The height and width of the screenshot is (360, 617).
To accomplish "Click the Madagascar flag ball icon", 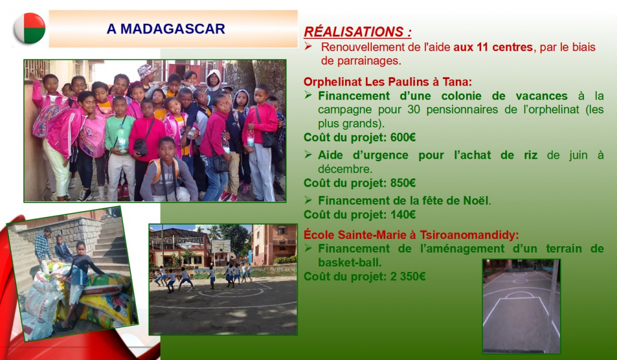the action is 29,28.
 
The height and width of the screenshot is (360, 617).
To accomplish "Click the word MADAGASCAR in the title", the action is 173,29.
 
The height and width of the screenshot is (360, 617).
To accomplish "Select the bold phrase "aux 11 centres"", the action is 494,47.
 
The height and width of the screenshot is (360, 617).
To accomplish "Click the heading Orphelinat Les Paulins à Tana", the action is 388,82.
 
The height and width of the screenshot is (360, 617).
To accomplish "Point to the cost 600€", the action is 403,137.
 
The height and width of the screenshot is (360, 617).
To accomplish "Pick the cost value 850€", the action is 403,183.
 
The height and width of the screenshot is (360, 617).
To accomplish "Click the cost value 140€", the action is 403,214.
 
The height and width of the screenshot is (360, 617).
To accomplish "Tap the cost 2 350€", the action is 408,276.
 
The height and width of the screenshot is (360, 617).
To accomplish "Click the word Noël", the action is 477,201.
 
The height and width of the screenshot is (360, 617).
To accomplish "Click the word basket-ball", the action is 349,262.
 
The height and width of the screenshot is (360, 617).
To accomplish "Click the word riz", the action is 530,155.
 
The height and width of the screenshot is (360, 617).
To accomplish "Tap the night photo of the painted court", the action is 521,305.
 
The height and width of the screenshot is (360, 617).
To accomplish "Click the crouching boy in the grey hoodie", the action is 168,171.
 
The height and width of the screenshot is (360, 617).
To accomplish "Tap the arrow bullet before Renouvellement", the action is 308,47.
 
